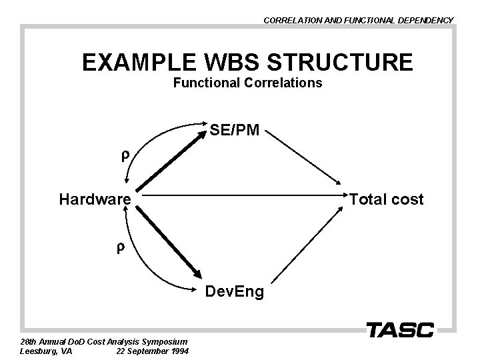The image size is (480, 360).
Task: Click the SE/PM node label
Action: pos(235,131)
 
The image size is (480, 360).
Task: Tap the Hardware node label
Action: pos(95,199)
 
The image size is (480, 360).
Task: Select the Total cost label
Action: pos(387,199)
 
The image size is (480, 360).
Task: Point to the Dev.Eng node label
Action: pos(235,291)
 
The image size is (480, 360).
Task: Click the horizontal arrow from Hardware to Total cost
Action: pos(240,197)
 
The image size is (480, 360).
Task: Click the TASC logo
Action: pos(400,329)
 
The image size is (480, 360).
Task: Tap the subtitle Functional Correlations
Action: pos(247,83)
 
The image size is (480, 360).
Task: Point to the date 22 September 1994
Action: pos(152,351)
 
